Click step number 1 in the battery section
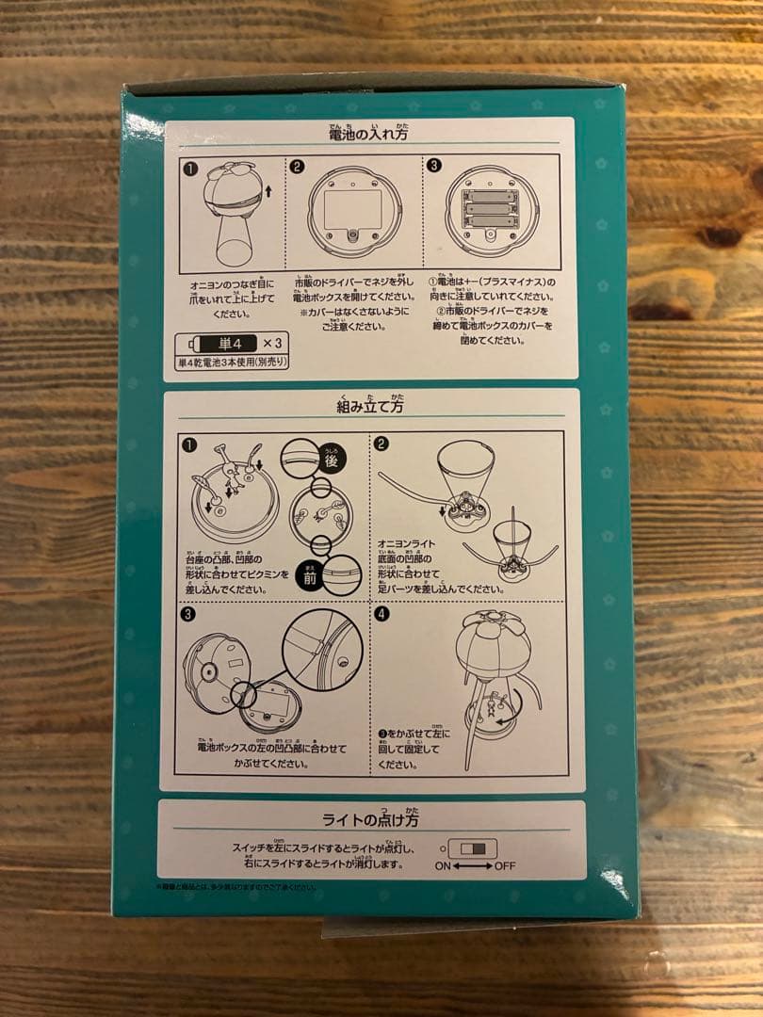click(x=189, y=168)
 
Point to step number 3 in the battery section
click(x=434, y=166)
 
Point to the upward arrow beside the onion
click(x=268, y=192)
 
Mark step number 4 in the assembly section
click(x=381, y=614)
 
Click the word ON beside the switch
click(x=444, y=865)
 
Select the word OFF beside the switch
click(x=505, y=865)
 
